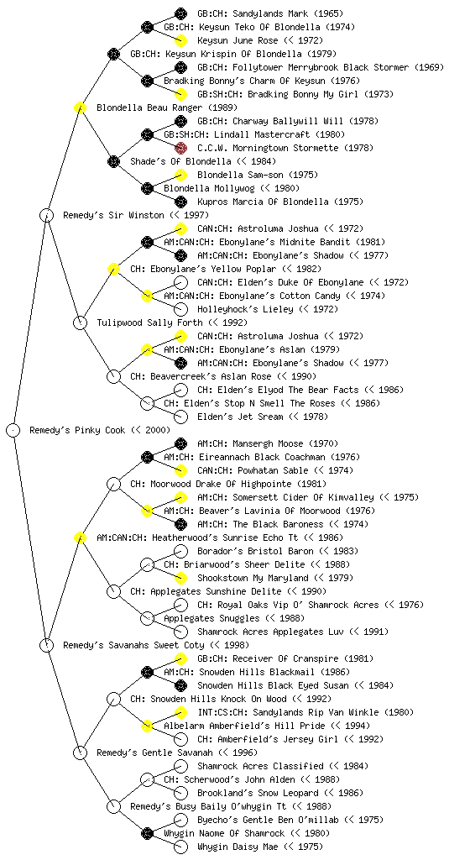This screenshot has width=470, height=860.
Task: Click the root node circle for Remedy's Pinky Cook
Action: point(13,431)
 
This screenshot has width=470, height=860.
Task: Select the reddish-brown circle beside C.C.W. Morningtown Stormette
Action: point(180,148)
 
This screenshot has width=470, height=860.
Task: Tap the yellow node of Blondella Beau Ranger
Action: point(81,108)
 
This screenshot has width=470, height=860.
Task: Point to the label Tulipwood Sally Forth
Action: point(149,323)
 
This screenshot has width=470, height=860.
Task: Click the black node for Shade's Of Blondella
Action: point(114,162)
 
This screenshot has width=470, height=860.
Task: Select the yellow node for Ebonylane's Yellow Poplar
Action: point(114,270)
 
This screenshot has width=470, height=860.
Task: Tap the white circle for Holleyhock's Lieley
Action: point(180,309)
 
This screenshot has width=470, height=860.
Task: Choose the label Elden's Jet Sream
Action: point(241,417)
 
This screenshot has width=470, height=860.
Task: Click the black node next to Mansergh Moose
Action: point(180,443)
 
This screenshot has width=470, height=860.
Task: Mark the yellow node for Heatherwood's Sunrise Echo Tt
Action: point(81,538)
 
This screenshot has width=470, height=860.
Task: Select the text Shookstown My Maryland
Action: point(253,578)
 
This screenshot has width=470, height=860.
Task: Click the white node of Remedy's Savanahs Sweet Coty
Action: point(47,646)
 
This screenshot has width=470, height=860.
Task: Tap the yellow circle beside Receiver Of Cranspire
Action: point(180,658)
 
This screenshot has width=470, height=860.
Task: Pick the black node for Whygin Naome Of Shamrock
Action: point(148,834)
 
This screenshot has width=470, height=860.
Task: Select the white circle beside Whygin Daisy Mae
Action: point(180,847)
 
